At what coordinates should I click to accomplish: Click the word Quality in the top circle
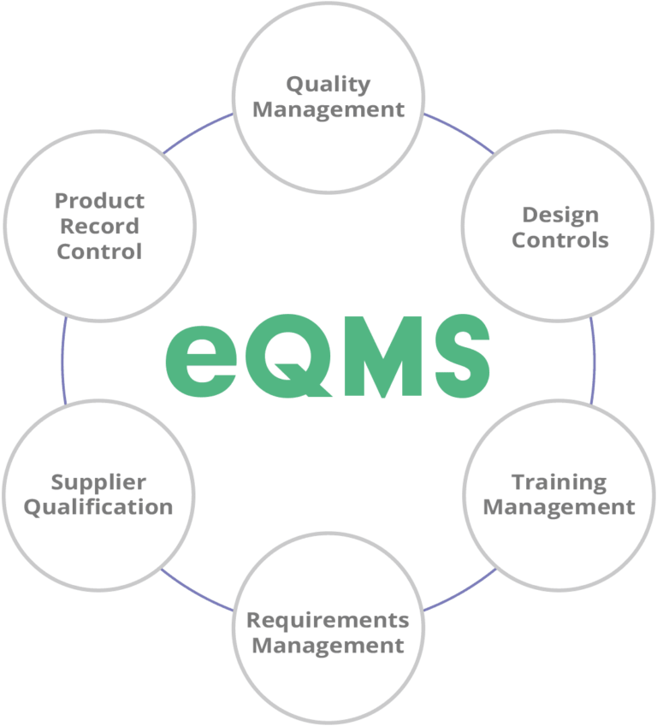328,84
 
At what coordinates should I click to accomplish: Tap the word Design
560,214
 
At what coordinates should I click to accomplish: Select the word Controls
560,239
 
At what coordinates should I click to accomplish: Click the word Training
559,481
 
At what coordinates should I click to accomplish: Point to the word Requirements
328,619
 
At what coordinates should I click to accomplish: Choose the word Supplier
98,481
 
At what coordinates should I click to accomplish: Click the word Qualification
98,507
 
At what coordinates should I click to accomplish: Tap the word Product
99,201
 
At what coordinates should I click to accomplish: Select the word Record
99,227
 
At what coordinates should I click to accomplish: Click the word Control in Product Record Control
99,252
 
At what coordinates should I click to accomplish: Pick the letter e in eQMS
198,359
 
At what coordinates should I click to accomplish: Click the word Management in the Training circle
559,507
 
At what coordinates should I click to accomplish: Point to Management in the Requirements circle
328,645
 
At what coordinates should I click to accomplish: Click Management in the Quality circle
328,109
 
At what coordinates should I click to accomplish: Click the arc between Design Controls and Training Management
593,359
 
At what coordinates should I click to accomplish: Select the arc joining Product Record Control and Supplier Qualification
62,359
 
